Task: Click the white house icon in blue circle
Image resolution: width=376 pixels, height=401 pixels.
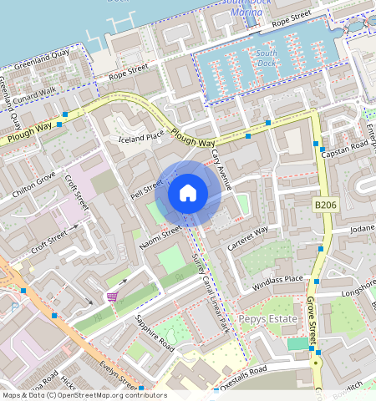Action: point(188,194)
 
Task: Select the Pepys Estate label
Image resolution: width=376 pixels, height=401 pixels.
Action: point(268,319)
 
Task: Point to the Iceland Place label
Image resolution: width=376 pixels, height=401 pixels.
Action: point(141,138)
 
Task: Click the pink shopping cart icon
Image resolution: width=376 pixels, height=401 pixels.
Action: point(112,297)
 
